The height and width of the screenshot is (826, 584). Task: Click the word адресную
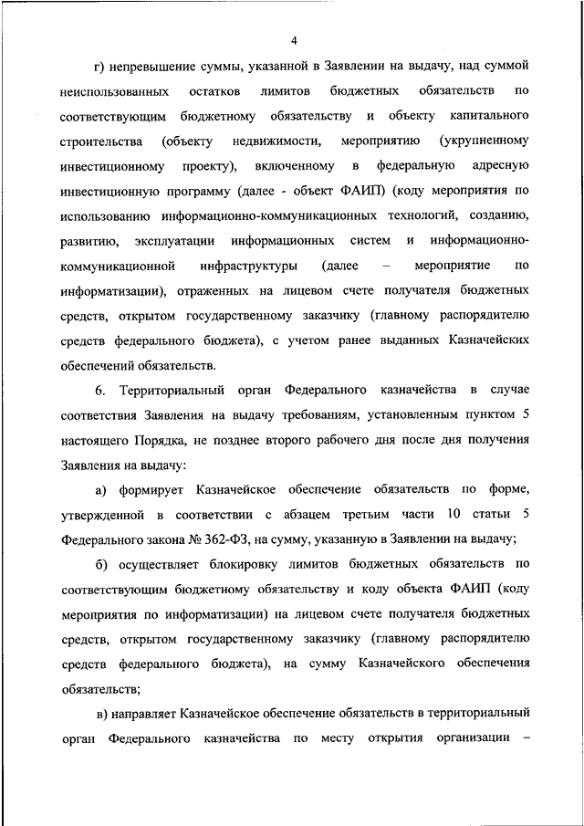(501, 167)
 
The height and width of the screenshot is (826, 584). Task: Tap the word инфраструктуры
(251, 266)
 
